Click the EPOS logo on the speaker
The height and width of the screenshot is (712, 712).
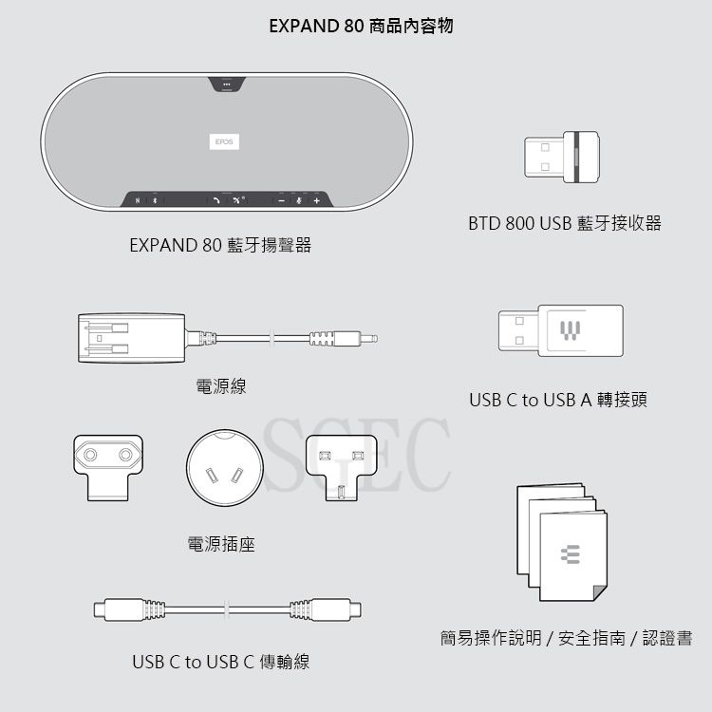tap(224, 141)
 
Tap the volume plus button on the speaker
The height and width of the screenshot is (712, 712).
tap(317, 200)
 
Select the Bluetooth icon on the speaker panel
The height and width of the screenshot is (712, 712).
tap(155, 200)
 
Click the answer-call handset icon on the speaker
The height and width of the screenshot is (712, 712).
tap(216, 200)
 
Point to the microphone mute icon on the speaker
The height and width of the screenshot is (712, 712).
tap(299, 200)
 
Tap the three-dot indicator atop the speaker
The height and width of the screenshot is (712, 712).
tap(227, 84)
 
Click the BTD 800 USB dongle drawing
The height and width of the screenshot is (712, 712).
tap(562, 157)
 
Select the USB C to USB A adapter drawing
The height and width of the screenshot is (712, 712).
tap(561, 330)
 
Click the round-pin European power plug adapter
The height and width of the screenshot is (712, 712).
tap(108, 468)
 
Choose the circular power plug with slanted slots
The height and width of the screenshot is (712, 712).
tap(225, 468)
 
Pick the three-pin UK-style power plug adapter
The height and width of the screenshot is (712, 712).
tap(342, 468)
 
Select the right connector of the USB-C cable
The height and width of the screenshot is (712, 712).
tap(326, 609)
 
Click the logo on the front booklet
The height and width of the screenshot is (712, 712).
tap(571, 554)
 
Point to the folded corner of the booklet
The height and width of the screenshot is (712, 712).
tap(600, 592)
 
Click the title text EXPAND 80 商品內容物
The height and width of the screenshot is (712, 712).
tap(361, 26)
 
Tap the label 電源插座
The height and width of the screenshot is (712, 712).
tap(221, 544)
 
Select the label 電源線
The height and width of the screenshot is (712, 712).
tap(221, 386)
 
